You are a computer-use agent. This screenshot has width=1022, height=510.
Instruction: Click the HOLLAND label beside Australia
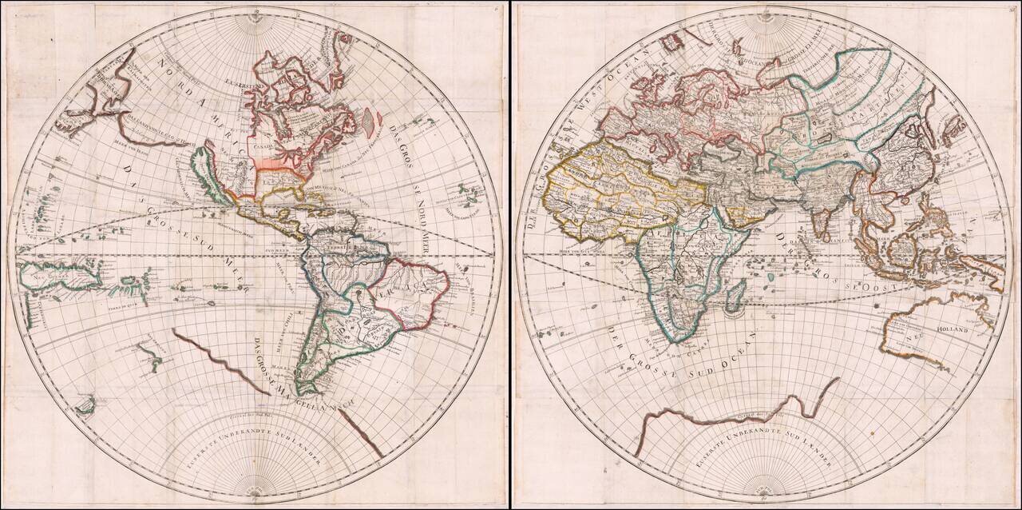952,329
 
